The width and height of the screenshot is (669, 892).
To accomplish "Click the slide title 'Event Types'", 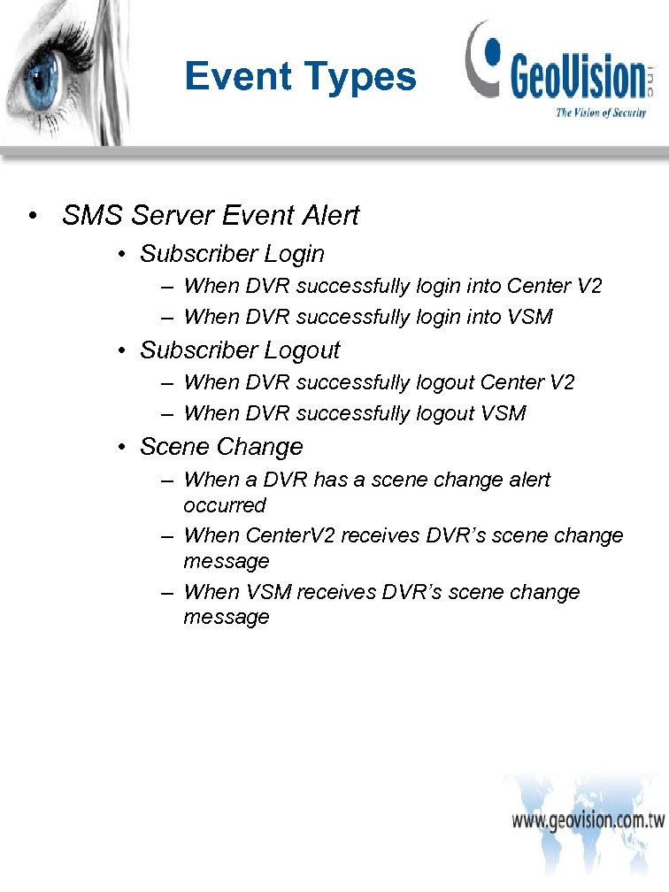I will point(300,77).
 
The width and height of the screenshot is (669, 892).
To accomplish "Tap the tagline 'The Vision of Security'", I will point(600,112).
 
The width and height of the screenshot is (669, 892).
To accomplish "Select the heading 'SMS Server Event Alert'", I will point(211,215).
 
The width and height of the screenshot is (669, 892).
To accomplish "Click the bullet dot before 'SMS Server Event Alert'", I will point(32,216).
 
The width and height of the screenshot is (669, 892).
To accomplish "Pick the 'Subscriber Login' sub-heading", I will point(232,254).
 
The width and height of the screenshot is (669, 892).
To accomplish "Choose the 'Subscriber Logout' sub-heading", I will point(240,350).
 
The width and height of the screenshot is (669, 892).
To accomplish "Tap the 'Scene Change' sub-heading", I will point(221,447).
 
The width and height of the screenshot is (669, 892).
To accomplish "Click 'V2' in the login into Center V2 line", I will point(589,287).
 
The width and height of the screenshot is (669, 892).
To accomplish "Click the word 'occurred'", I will point(225,505).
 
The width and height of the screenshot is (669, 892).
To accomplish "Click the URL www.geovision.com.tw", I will point(588,819).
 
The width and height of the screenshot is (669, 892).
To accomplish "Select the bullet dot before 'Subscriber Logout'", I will point(123,351).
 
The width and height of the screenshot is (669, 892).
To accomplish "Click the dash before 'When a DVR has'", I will point(167,480).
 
